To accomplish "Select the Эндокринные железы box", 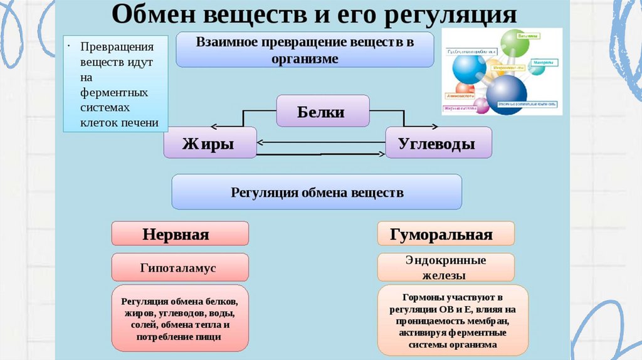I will [x=446, y=267].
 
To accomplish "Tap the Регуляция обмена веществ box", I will [x=317, y=192].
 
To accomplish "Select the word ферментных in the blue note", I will [x=114, y=92].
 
